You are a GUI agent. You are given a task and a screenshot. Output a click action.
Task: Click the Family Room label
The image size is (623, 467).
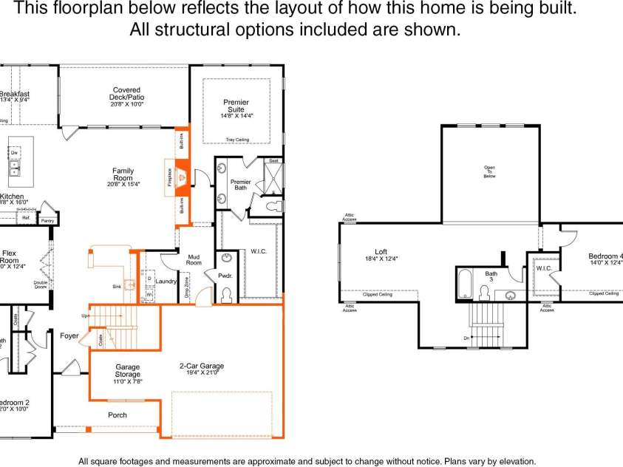pos(123,174)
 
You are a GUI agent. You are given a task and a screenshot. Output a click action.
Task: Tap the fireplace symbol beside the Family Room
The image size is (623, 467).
pos(180,176)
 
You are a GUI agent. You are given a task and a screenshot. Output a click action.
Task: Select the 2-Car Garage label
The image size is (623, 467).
pos(202,366)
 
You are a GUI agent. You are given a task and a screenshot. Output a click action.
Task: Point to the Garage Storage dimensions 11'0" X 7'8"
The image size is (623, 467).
pos(127,381)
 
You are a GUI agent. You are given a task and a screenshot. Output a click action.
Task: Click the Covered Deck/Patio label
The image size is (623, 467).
pos(126,94)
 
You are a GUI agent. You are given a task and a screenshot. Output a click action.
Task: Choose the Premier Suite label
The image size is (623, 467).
pos(236,106)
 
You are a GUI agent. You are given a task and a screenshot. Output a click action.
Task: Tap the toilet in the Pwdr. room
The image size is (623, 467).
pos(225,295)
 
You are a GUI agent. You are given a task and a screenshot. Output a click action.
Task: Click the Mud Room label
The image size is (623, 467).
pos(194,259)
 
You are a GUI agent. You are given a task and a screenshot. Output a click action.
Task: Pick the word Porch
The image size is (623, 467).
pos(118,415)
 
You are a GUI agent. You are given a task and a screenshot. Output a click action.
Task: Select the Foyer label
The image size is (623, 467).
pos(69,336)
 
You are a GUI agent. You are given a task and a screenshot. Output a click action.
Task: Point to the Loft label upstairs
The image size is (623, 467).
pos(381,253)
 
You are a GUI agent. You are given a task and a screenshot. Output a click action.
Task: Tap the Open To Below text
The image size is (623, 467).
pos(489,171)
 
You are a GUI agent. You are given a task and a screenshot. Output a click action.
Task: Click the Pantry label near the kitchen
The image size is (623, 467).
pos(47,220)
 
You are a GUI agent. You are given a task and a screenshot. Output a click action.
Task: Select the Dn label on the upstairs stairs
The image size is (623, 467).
pos(466,338)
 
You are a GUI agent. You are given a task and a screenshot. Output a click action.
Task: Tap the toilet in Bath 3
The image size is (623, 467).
pos(485,293)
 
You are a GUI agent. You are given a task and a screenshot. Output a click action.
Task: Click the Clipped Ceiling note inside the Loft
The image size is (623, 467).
pos(378,294)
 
